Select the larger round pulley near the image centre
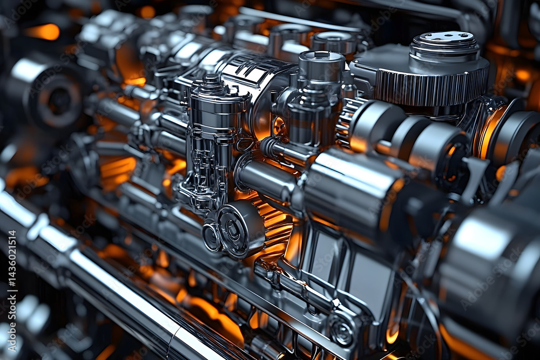(x=240, y=228)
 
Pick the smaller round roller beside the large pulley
(x=211, y=237)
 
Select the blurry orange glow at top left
(x=43, y=32)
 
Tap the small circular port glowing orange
(x=279, y=127)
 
